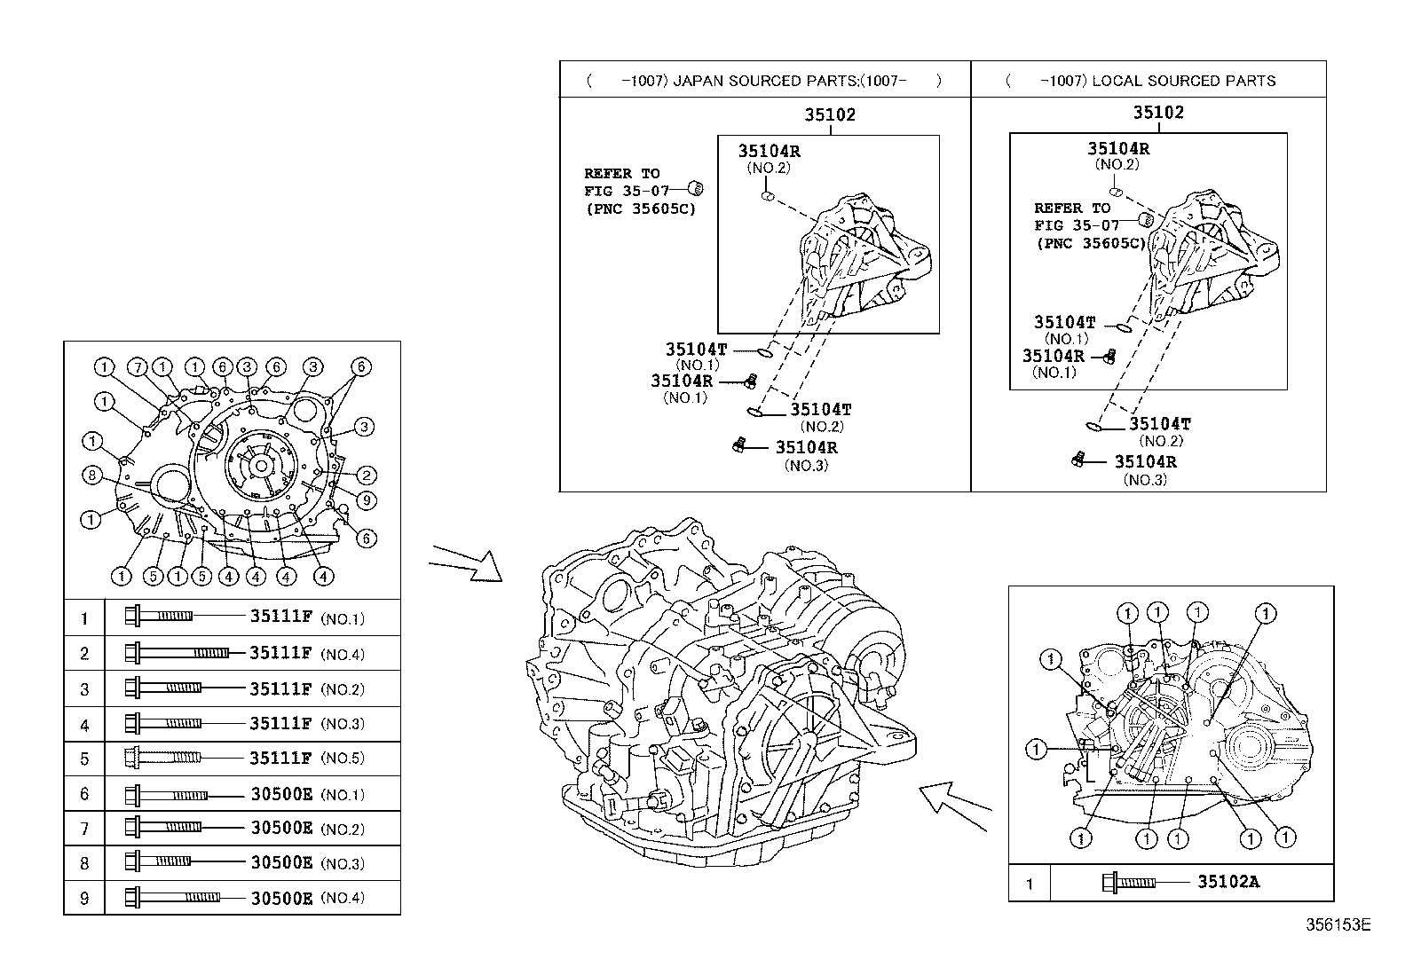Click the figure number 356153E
tap(1338, 924)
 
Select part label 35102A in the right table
tap(1228, 882)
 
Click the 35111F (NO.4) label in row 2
tap(280, 654)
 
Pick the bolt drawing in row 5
tap(163, 758)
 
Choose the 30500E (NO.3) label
tap(281, 862)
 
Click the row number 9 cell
tap(84, 898)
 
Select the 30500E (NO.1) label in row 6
tap(281, 794)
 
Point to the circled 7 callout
tap(136, 367)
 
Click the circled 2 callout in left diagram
tap(367, 476)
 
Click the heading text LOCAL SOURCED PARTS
tap(1183, 81)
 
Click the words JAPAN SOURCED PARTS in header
tap(751, 81)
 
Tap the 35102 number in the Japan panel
tap(830, 114)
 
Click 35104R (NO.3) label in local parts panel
tap(1145, 462)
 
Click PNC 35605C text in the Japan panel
tap(641, 209)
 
